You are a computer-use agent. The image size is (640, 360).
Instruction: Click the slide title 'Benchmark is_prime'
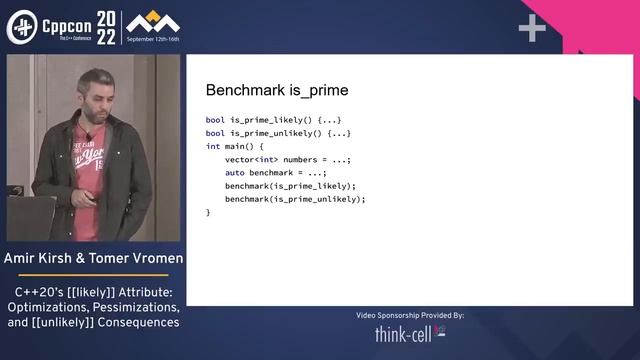(276, 90)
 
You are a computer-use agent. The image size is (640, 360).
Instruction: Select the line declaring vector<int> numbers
(288, 159)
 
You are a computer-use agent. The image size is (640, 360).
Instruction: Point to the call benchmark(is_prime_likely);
(290, 185)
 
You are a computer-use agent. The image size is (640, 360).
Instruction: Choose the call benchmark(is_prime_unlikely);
(295, 198)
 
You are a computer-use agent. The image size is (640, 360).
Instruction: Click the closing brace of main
(208, 212)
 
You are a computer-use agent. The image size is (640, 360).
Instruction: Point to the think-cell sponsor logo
(410, 334)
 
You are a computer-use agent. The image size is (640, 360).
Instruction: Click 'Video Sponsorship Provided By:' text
(410, 315)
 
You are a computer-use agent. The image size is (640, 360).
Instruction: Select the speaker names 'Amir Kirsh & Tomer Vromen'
(93, 260)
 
